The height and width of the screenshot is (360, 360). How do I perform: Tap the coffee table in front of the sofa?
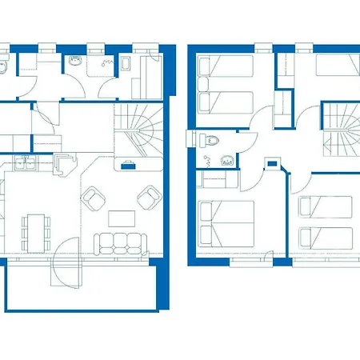pos(122,217)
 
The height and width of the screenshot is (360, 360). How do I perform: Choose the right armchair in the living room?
pos(148,195)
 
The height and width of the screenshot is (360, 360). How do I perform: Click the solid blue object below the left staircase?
pos(127,166)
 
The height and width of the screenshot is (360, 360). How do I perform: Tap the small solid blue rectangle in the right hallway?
pos(274,164)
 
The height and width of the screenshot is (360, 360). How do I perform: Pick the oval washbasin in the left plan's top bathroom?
pos(77,60)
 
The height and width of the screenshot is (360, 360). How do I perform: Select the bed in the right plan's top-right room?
pos(337,64)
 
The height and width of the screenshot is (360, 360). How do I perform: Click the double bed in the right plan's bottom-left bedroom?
pos(226,225)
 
